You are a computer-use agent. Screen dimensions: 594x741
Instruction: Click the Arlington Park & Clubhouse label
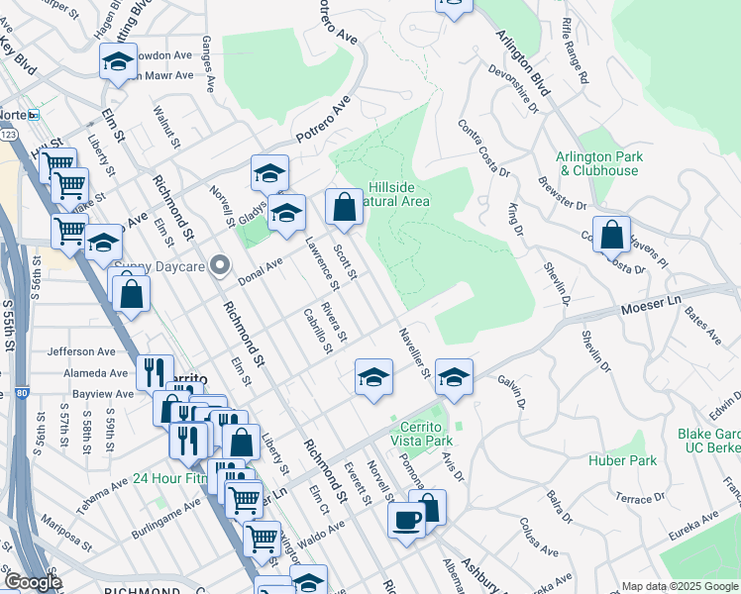[597, 163]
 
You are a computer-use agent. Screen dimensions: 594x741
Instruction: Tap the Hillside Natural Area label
[398, 194]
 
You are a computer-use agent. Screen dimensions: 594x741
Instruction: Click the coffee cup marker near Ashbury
[405, 519]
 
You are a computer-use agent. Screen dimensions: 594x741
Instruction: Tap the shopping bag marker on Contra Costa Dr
[612, 236]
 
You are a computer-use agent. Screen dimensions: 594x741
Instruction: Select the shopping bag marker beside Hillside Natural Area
[344, 208]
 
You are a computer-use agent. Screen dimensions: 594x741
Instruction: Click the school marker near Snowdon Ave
[118, 62]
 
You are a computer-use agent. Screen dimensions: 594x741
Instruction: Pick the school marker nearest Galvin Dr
[454, 377]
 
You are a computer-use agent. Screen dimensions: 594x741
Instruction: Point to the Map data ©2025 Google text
[679, 586]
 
